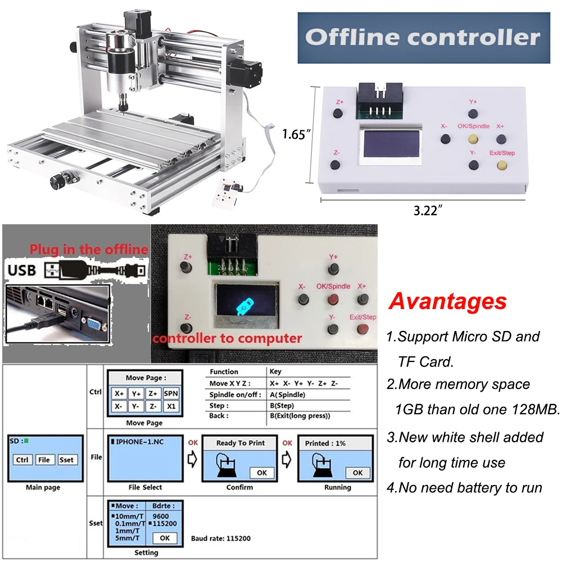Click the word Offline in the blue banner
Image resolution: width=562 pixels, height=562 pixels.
pyautogui.click(x=358, y=38)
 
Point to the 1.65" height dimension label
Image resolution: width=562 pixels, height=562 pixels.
pyautogui.click(x=296, y=134)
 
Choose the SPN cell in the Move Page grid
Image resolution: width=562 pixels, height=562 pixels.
pyautogui.click(x=171, y=394)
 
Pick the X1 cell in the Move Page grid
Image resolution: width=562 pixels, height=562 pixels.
pyautogui.click(x=171, y=406)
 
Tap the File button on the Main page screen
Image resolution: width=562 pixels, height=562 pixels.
pyautogui.click(x=43, y=460)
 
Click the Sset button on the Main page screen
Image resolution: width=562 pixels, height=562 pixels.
pyautogui.click(x=66, y=460)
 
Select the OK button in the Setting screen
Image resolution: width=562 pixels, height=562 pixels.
pyautogui.click(x=164, y=538)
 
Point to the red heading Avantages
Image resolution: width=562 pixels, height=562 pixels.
pyautogui.click(x=447, y=302)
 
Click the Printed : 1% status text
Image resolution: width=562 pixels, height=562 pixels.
pyautogui.click(x=325, y=443)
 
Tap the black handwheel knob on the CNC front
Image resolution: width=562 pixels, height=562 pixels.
pyautogui.click(x=57, y=181)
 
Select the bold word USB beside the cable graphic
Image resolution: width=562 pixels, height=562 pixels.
pyautogui.click(x=22, y=270)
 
